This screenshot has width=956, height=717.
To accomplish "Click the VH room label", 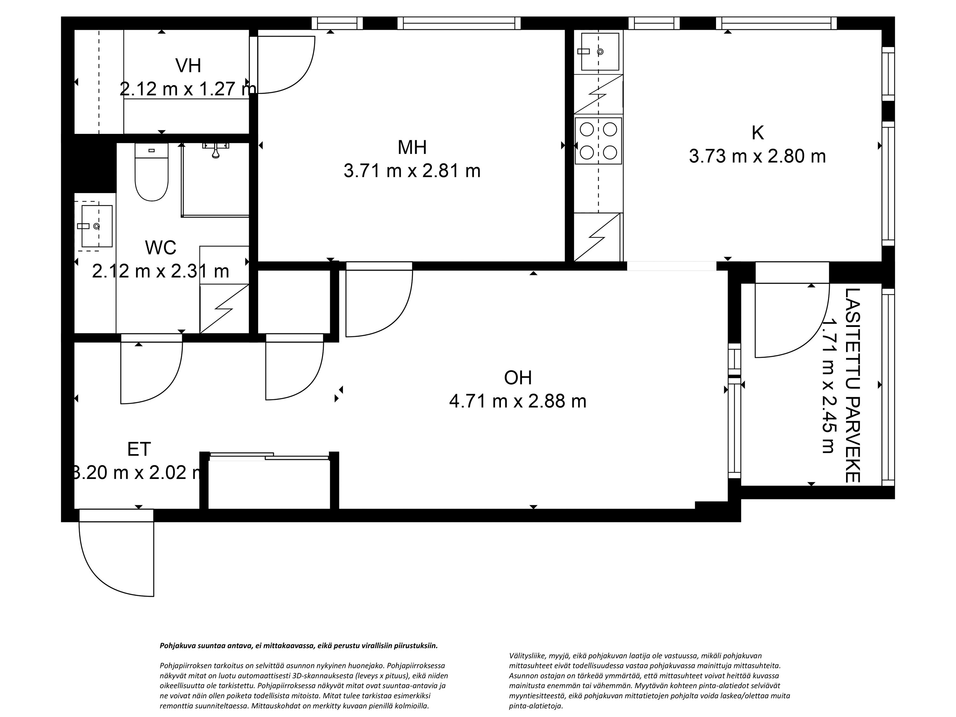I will (x=188, y=66).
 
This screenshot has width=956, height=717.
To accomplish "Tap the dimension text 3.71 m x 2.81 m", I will (x=412, y=171).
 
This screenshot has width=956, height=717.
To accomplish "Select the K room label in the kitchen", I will (x=757, y=133).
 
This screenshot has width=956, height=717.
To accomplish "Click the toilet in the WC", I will (x=151, y=173).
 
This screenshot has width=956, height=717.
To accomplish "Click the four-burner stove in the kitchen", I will (x=598, y=141).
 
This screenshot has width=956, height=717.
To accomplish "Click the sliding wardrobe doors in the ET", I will (x=269, y=456).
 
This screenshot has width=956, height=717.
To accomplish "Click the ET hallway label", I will (x=139, y=449).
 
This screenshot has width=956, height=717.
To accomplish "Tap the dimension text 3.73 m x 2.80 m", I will (x=757, y=156).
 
